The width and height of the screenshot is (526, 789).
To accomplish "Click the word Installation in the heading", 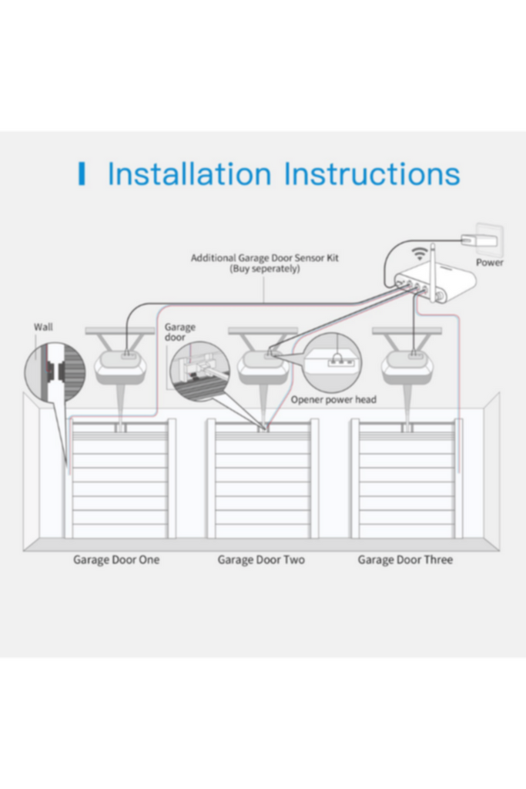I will pyautogui.click(x=189, y=174).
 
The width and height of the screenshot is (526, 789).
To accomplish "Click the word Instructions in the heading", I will pyautogui.click(x=372, y=174).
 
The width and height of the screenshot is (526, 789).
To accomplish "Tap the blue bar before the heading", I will pyautogui.click(x=82, y=174).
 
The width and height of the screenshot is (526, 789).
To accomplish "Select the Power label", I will pyautogui.click(x=490, y=263).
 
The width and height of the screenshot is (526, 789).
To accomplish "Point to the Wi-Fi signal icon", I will pyautogui.click(x=420, y=254).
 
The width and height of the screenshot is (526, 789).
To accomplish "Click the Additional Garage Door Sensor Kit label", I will pyautogui.click(x=264, y=258).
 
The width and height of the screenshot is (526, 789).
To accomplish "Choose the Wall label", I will pyautogui.click(x=43, y=327).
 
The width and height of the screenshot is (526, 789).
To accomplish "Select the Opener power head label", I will pyautogui.click(x=333, y=400).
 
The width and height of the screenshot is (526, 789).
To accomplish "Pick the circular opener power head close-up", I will pyautogui.click(x=332, y=363).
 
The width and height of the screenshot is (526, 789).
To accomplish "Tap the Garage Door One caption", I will pyautogui.click(x=116, y=560).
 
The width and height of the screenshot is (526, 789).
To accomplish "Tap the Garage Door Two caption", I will pyautogui.click(x=262, y=560).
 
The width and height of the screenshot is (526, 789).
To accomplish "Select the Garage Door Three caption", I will pyautogui.click(x=405, y=560).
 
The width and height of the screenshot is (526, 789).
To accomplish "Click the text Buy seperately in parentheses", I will pyautogui.click(x=264, y=269).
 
